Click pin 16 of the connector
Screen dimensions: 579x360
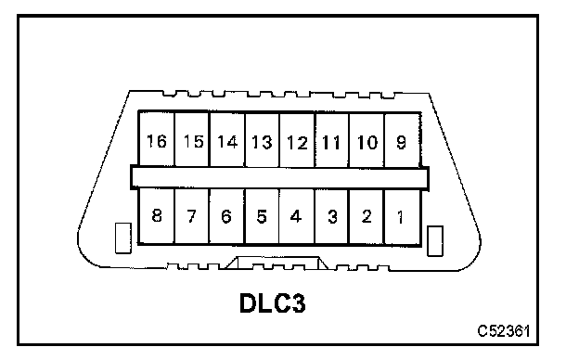[x=156, y=139]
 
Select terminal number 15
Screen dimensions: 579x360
[x=192, y=139]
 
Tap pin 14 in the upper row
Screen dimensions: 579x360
[x=227, y=139]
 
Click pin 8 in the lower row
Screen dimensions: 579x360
[x=156, y=216]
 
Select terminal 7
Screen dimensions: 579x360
[x=192, y=216]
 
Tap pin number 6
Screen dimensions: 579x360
[x=227, y=216]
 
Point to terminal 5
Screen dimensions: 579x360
[x=263, y=216]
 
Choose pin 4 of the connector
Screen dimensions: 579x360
[x=297, y=216]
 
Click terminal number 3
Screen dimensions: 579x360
[x=332, y=216]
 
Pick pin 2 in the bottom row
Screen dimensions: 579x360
[x=367, y=216]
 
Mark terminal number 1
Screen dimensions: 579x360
[x=402, y=216]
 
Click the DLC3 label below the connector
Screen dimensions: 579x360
[x=273, y=303]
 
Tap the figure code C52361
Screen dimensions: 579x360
[x=504, y=331]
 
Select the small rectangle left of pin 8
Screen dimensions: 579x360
[x=123, y=238]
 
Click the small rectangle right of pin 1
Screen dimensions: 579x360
[x=435, y=240]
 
